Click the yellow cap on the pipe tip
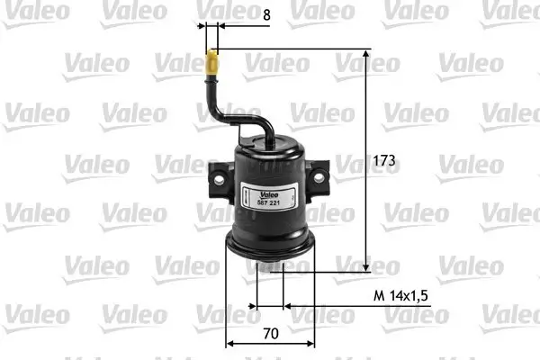point(212,64)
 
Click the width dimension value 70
point(270,332)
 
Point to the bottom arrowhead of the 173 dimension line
point(366,266)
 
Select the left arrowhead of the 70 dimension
point(229,343)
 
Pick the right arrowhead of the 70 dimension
point(310,343)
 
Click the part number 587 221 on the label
point(271,204)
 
